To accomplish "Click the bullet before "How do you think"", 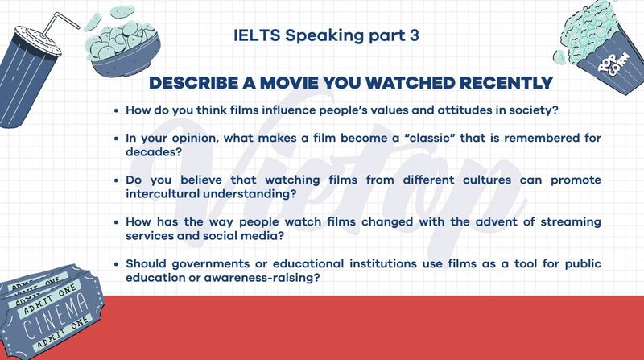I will point(117,110).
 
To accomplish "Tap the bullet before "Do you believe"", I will point(117,180).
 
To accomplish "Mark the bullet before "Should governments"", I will point(117,265).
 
